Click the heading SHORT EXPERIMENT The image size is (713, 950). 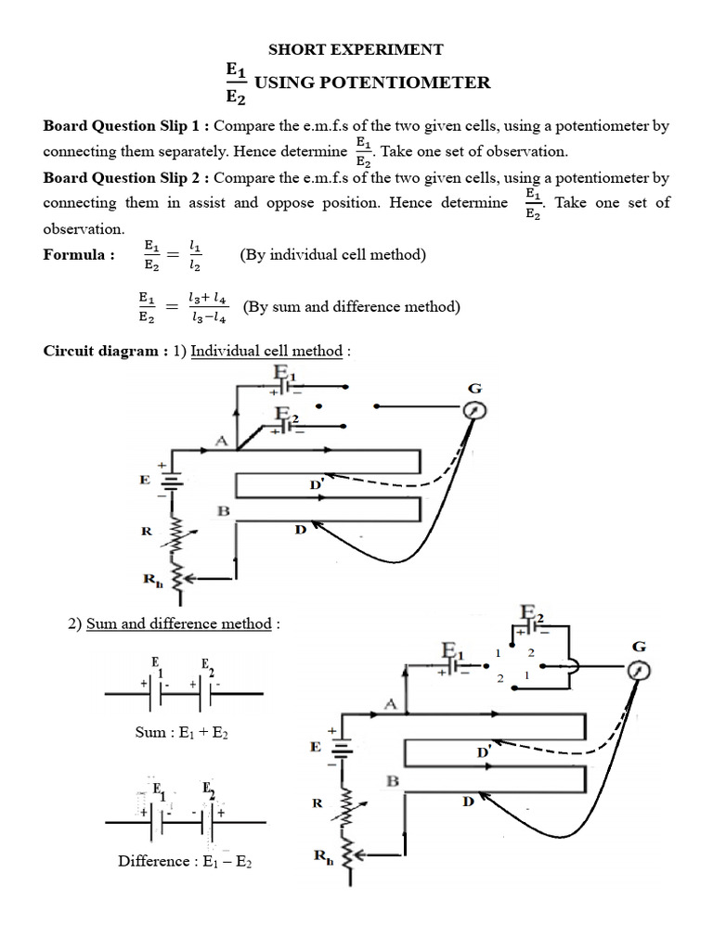[356, 49]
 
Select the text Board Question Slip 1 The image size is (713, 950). [125, 126]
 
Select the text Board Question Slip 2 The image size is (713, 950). [125, 177]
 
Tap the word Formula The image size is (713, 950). [74, 255]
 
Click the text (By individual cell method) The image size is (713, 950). [332, 255]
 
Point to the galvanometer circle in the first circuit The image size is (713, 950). [474, 410]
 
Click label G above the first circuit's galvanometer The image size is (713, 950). [474, 387]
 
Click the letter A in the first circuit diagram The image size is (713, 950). [221, 442]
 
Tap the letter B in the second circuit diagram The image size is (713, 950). [393, 781]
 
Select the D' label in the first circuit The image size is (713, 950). [316, 485]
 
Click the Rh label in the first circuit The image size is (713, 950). [152, 583]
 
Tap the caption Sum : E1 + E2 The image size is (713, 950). [182, 733]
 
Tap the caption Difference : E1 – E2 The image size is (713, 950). [185, 861]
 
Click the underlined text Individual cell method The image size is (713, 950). [266, 352]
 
